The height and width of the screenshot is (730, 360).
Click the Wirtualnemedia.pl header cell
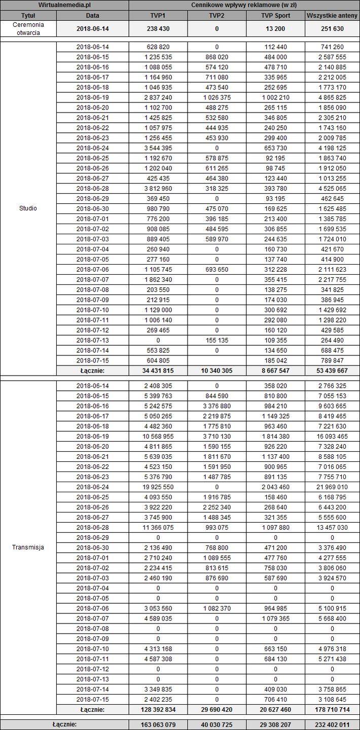64,5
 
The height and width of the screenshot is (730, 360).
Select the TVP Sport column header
275,15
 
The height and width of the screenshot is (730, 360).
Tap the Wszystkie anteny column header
332,15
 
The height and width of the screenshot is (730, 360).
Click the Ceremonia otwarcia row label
28,28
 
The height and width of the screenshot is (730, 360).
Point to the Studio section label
28,208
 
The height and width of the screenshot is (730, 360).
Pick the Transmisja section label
28,547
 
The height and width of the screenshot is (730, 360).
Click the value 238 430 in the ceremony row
158,28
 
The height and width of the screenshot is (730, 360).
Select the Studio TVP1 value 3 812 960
158,188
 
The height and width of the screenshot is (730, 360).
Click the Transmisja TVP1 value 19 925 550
158,487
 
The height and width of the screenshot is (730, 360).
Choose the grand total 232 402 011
332,724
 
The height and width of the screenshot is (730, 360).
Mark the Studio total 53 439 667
332,371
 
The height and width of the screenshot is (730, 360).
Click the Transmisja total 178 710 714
332,709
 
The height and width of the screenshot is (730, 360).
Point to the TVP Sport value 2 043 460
275,487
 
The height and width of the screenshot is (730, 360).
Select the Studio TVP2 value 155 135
217,340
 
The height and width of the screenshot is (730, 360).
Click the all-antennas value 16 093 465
332,436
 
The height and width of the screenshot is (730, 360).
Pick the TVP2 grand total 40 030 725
217,724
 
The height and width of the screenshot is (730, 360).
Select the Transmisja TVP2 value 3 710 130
217,436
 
